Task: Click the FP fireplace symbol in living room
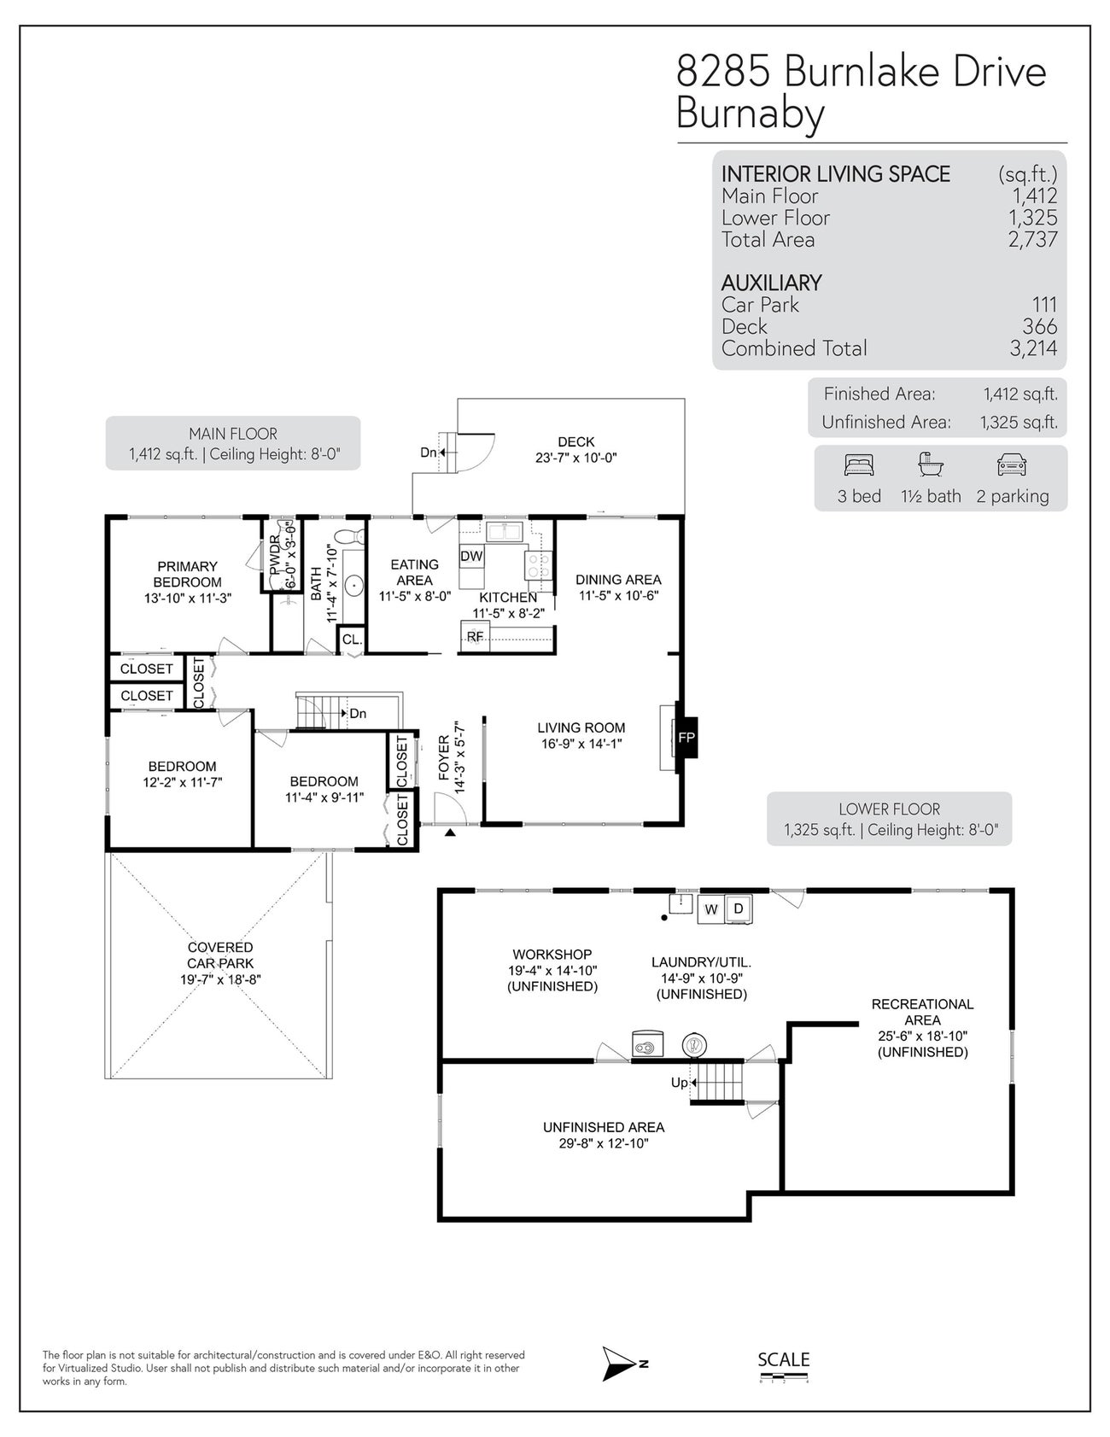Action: pyautogui.click(x=686, y=738)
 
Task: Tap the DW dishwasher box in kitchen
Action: pyautogui.click(x=471, y=557)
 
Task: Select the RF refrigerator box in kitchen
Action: pyautogui.click(x=475, y=637)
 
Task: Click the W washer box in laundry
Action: pyautogui.click(x=710, y=910)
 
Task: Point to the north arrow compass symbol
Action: pyautogui.click(x=619, y=1364)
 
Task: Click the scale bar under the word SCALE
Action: pyautogui.click(x=783, y=1376)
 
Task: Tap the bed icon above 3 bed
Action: pyautogui.click(x=859, y=465)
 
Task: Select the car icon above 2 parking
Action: pyautogui.click(x=1012, y=465)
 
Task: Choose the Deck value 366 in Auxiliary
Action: pyautogui.click(x=1039, y=327)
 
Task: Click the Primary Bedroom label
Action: pyautogui.click(x=188, y=574)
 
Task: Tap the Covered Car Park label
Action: pyautogui.click(x=220, y=955)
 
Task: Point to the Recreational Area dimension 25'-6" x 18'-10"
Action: pyautogui.click(x=922, y=1036)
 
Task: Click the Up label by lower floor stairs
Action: pyautogui.click(x=679, y=1083)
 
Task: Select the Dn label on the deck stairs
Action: pyautogui.click(x=429, y=453)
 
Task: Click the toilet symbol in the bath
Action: pyautogui.click(x=348, y=537)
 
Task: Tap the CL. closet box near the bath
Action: pyautogui.click(x=352, y=640)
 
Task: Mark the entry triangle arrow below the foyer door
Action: pyautogui.click(x=450, y=830)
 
